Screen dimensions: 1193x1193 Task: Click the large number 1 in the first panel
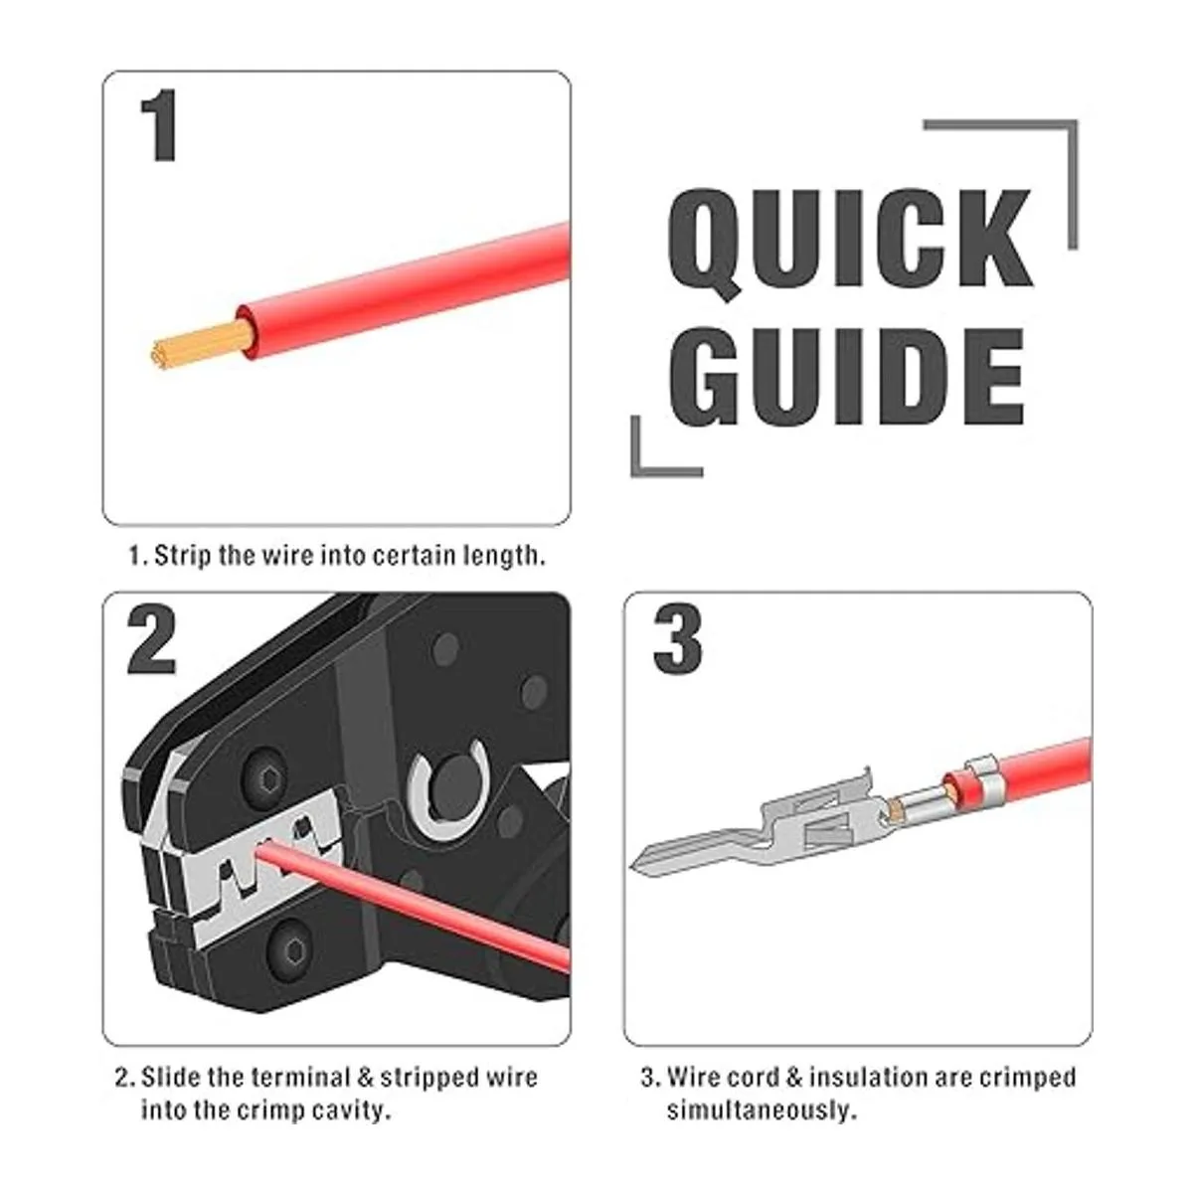click(x=160, y=125)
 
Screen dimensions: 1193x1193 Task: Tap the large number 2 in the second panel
click(x=152, y=640)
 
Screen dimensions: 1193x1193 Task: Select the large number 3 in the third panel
click(x=677, y=640)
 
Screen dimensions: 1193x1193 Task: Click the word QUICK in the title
click(x=849, y=246)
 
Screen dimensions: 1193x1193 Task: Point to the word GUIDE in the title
click(x=846, y=377)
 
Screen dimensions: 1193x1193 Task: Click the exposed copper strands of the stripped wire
click(x=202, y=345)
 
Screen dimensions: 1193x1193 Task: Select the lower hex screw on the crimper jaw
click(x=289, y=948)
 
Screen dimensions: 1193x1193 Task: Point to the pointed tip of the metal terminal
click(x=631, y=867)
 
